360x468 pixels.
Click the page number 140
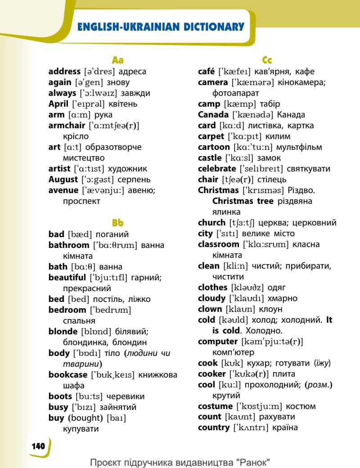click(x=38, y=446)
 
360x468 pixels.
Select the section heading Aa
click(x=117, y=60)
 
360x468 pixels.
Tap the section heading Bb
click(x=117, y=223)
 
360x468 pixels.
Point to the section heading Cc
click(x=267, y=60)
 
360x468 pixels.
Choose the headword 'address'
click(x=65, y=72)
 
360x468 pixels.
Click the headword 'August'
click(x=63, y=180)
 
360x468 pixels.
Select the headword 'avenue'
click(x=63, y=190)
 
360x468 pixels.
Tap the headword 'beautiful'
click(x=67, y=278)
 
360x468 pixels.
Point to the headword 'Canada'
click(x=213, y=115)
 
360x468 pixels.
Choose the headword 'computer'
click(x=218, y=342)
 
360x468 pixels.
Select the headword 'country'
click(x=214, y=427)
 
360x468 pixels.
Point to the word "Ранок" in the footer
click(x=256, y=462)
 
